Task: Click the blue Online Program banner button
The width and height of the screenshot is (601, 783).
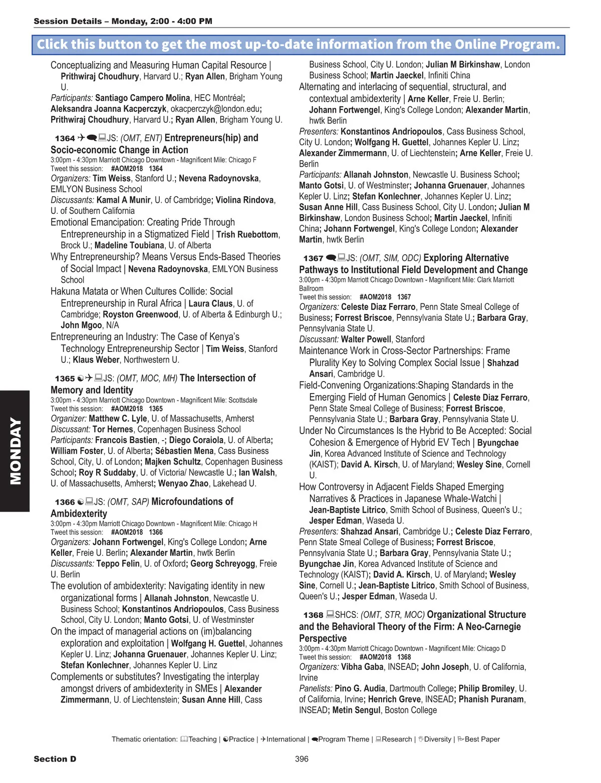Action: [x=298, y=45]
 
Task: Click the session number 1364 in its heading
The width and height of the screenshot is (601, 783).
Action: [x=65, y=138]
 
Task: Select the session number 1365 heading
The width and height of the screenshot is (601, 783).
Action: [x=65, y=378]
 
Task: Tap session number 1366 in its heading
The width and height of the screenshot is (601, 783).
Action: [x=65, y=502]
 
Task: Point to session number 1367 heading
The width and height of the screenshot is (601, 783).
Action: [x=313, y=258]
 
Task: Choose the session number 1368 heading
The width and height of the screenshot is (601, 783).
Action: [x=313, y=615]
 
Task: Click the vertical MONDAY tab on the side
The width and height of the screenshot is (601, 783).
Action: [x=15, y=451]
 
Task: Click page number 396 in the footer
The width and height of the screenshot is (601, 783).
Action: [x=302, y=759]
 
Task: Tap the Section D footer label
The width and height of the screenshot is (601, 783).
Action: [x=55, y=759]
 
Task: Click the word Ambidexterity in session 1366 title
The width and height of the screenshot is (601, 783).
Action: [x=79, y=514]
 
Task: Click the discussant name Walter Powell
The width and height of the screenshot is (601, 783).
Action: [x=366, y=339]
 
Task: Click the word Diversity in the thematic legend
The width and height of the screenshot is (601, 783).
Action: [x=437, y=739]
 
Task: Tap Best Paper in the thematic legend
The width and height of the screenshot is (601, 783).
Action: [x=482, y=739]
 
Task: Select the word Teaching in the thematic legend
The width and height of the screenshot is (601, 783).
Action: [x=202, y=739]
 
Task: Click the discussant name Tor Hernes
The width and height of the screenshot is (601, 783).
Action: [x=113, y=430]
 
